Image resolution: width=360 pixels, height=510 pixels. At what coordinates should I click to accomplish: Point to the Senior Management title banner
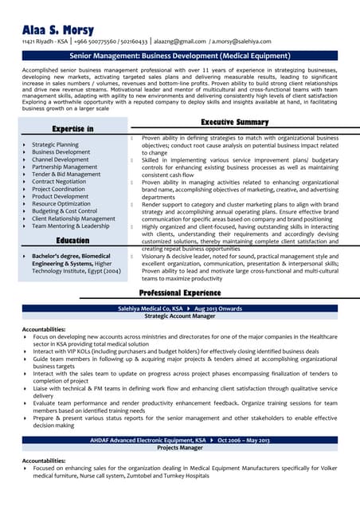click(x=179, y=56)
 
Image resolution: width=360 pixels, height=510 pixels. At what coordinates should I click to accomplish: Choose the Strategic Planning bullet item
click(x=55, y=144)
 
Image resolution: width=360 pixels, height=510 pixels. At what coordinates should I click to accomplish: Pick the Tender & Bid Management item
click(x=66, y=174)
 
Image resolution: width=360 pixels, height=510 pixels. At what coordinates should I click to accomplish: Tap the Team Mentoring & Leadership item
click(x=70, y=226)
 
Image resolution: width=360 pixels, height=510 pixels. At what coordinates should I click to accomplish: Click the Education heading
click(x=72, y=240)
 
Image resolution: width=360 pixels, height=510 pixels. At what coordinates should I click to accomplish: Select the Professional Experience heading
click(x=178, y=293)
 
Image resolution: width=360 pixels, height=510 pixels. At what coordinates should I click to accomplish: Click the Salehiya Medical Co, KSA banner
click(x=179, y=308)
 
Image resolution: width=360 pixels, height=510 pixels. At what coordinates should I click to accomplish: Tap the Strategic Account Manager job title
click(x=179, y=316)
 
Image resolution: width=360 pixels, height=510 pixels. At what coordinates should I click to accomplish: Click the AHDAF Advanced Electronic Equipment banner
click(x=179, y=439)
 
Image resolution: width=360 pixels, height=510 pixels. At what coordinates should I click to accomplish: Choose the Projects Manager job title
click(x=179, y=448)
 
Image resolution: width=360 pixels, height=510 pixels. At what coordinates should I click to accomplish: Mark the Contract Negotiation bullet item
click(x=59, y=181)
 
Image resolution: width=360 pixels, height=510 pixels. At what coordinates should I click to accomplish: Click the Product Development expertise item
click(x=61, y=196)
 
